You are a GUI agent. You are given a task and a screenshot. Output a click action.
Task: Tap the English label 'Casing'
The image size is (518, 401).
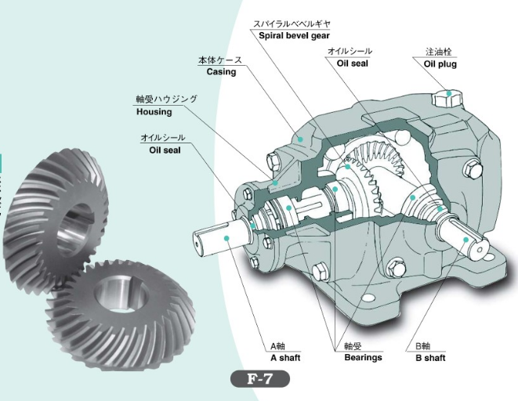(221, 72)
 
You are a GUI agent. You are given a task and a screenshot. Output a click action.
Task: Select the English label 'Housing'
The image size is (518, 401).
(154, 112)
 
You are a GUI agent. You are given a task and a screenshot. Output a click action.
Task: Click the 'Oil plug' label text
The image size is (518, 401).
(440, 64)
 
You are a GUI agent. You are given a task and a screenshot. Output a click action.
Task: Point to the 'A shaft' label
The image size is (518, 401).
(285, 358)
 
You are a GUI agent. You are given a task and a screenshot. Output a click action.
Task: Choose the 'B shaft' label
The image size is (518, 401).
(430, 358)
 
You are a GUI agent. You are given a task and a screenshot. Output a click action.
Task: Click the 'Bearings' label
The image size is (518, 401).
(363, 358)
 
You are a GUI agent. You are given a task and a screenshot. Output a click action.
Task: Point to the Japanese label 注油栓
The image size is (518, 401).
(438, 52)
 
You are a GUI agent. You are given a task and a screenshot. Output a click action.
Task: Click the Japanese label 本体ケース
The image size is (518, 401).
(220, 60)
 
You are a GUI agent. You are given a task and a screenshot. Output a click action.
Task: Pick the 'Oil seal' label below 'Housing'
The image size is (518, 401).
(165, 149)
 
